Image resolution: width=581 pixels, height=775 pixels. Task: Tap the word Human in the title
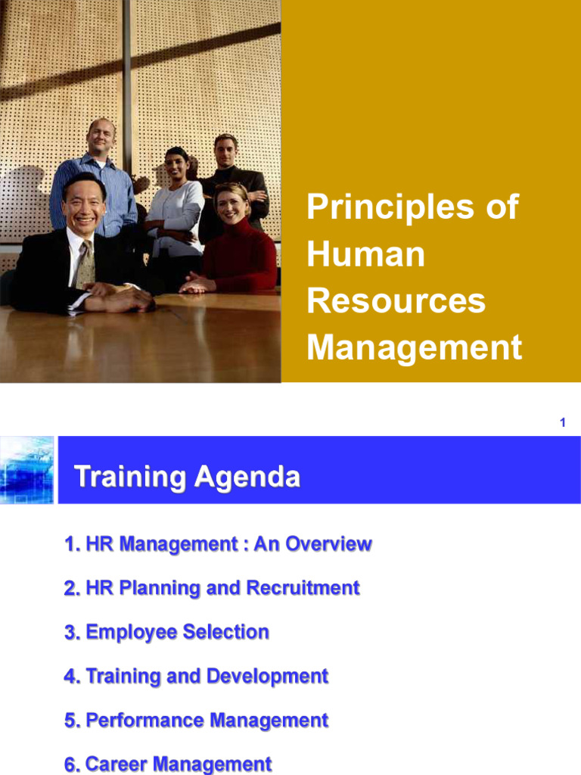[x=365, y=254]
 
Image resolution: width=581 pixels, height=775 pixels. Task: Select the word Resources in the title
[x=396, y=300]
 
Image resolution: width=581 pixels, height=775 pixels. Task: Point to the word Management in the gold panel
[x=414, y=347]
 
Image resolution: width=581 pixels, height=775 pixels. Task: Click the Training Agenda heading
[x=187, y=478]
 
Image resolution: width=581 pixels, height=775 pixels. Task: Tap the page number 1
[x=563, y=423]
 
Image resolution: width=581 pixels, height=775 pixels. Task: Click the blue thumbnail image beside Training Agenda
[x=27, y=470]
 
